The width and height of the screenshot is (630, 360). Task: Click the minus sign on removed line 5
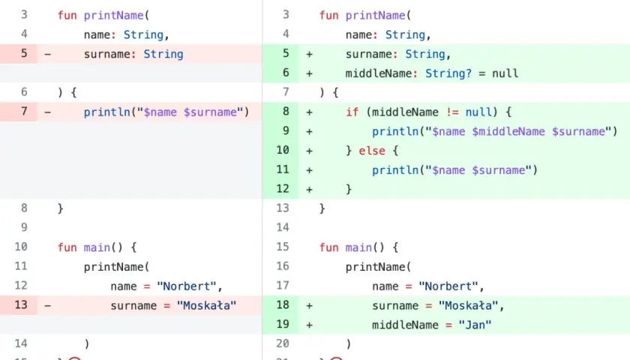pos(47,54)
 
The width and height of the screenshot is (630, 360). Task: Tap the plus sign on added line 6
pos(309,73)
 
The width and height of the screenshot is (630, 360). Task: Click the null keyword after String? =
pos(505,73)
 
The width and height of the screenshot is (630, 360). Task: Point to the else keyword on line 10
pos(372,151)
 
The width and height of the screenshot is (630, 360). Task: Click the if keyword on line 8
pos(352,112)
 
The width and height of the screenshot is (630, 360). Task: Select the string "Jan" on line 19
pos(475,325)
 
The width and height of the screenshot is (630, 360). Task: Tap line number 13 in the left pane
pos(21,305)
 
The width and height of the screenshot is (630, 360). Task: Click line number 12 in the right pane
pos(283,189)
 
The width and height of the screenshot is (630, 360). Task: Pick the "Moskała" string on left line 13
pos(206,306)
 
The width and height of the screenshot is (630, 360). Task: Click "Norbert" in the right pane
pos(448,286)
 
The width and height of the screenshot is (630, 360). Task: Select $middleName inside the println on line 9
pos(508,132)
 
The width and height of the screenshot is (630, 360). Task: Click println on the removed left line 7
pos(106,112)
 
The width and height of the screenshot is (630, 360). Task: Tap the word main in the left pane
pos(97,247)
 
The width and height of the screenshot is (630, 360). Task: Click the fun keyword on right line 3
pos(328,16)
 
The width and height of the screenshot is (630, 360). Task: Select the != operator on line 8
pos(452,112)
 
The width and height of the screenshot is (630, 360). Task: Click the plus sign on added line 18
pos(309,306)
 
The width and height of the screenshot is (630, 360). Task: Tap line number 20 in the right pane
pos(283,343)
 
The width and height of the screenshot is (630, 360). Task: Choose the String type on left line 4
pos(143,35)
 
